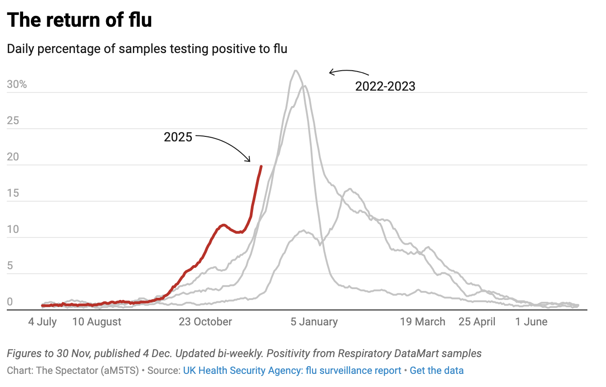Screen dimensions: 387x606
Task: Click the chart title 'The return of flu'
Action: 79,20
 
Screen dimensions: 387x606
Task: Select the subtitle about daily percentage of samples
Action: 147,48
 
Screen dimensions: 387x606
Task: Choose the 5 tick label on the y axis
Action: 10,266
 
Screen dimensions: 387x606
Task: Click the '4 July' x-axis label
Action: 43,322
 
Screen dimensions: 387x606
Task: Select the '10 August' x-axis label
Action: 97,322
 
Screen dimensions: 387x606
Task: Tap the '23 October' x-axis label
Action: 205,322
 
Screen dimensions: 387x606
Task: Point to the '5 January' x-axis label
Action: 314,322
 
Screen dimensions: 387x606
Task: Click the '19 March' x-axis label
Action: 422,322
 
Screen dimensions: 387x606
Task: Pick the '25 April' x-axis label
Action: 477,322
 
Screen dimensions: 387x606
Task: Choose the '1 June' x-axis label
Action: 531,322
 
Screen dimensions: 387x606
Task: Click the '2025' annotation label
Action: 178,137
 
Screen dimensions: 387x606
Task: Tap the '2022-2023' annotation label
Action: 385,87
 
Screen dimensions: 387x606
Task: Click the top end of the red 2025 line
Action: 261,166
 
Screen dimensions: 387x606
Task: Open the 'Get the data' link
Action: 436,370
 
